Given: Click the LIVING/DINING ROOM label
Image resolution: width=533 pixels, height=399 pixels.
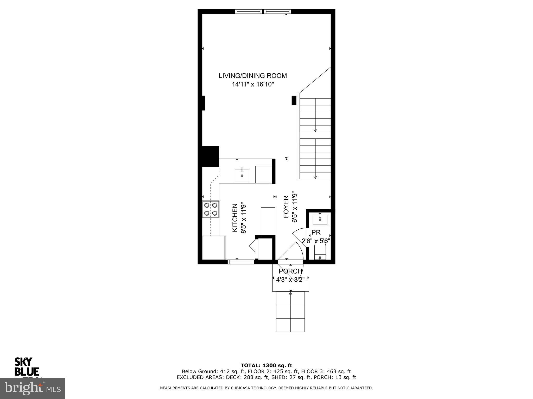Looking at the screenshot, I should [x=252, y=76].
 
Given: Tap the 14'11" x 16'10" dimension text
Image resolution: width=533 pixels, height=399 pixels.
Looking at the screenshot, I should [x=253, y=84].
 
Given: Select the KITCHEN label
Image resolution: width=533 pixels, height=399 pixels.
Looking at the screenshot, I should [x=235, y=218].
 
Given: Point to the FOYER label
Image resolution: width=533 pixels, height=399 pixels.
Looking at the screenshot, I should [x=286, y=207].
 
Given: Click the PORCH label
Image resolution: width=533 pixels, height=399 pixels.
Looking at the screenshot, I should [x=290, y=271].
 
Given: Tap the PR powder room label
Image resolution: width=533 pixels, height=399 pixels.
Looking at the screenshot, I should [x=316, y=232].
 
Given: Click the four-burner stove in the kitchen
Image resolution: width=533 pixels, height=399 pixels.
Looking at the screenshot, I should [x=211, y=209].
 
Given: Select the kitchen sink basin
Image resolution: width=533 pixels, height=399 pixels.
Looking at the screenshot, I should [x=242, y=175].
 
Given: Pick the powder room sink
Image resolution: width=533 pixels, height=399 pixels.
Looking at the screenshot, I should [x=320, y=219].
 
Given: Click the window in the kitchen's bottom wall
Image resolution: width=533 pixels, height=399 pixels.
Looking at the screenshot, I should [x=241, y=262].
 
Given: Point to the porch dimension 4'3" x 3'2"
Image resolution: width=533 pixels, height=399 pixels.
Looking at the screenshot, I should [x=290, y=280].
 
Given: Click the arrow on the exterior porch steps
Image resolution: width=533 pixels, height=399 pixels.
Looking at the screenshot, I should [x=290, y=293].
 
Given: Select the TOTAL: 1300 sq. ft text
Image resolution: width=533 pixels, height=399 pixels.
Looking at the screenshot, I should [x=266, y=365].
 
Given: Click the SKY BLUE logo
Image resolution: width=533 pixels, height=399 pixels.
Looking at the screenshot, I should [x=27, y=367].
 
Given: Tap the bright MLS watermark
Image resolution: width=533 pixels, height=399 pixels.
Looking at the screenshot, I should [x=32, y=388].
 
